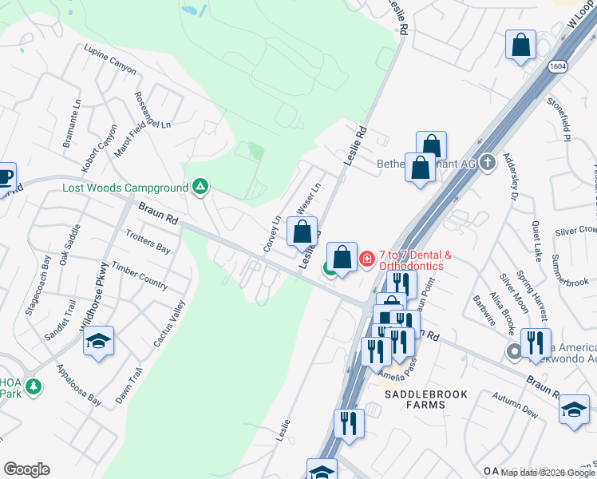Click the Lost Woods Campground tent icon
coord(201,188)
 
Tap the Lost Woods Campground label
coord(126,188)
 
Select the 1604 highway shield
coord(559,68)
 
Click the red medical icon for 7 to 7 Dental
coord(367,258)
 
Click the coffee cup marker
coord(5,176)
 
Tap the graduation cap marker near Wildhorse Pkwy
coord(99,341)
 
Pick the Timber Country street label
coord(140,275)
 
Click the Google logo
coord(26,469)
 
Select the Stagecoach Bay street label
coord(38,284)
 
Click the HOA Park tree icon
coord(33,387)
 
